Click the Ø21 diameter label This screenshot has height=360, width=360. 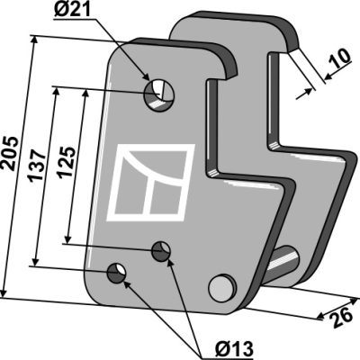click(72, 11)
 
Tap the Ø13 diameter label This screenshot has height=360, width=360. click(234, 348)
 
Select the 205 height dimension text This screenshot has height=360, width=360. click(12, 154)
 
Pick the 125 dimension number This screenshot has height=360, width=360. click(67, 162)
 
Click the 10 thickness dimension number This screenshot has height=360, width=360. click(339, 58)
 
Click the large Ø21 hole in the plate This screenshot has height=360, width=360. click(159, 95)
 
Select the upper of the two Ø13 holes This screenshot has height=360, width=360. click(161, 252)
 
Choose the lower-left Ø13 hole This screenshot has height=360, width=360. click(117, 273)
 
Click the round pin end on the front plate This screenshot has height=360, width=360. click(222, 287)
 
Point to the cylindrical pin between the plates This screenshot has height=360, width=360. click(282, 263)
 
